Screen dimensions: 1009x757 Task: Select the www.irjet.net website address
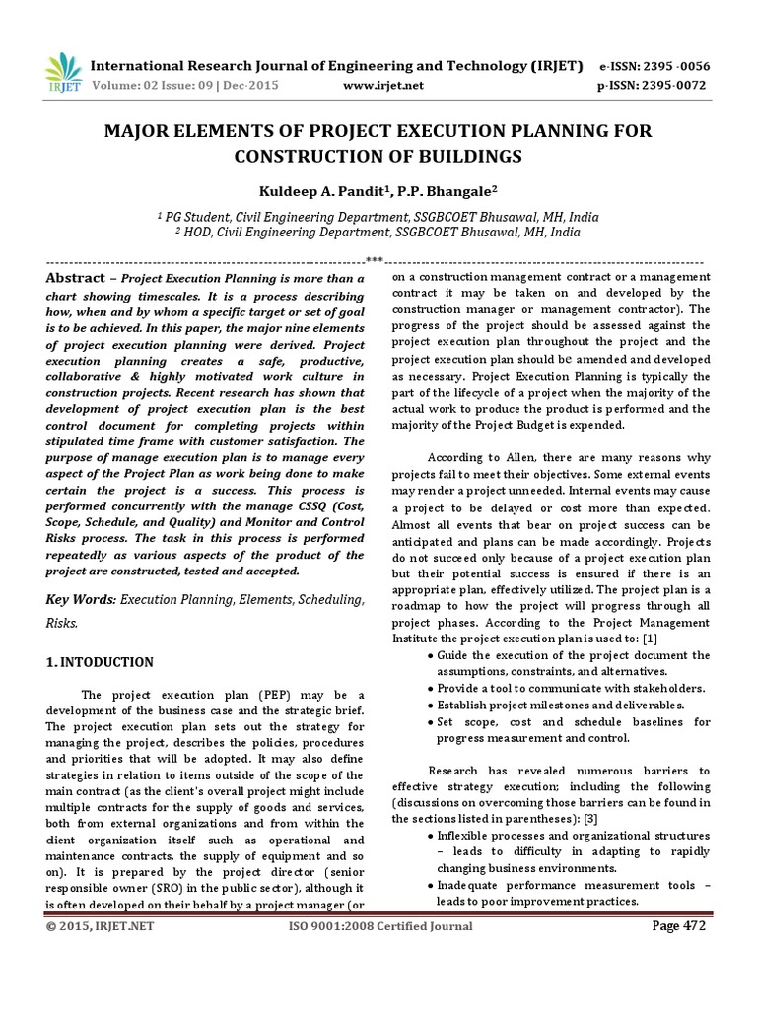tap(383, 86)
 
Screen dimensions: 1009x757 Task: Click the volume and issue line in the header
tap(184, 86)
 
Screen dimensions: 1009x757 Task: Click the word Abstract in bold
tap(75, 279)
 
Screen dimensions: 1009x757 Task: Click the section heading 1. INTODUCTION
tap(100, 662)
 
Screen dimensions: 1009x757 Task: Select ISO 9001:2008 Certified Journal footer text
tap(380, 926)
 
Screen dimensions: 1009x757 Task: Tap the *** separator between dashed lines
tap(375, 261)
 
